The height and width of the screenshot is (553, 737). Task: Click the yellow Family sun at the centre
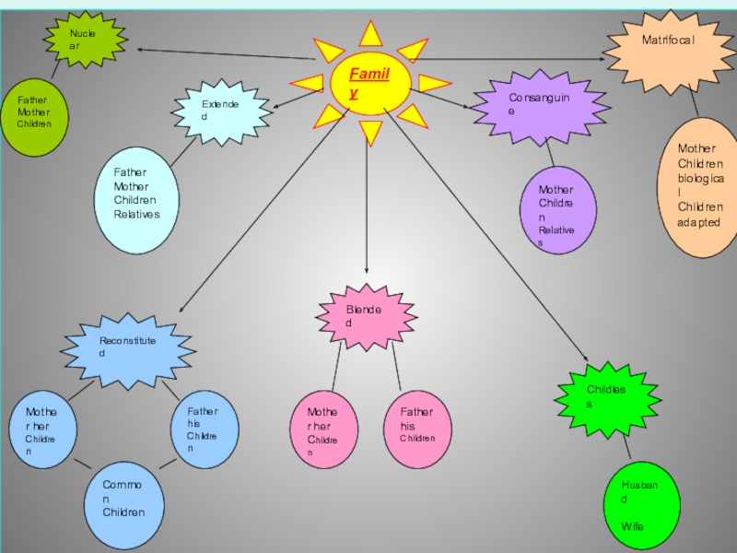[369, 84]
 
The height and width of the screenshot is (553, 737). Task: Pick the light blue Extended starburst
[221, 112]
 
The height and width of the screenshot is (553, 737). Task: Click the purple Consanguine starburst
[539, 105]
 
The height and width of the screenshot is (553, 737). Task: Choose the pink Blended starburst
[366, 316]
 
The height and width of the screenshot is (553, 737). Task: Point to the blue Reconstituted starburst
[129, 348]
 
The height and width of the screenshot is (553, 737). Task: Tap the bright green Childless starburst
[607, 397]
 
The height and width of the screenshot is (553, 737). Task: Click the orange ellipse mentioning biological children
[701, 187]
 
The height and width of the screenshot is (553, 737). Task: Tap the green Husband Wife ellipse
[644, 506]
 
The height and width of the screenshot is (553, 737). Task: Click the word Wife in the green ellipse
[632, 526]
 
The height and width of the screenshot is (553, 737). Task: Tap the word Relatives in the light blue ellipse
[137, 215]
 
